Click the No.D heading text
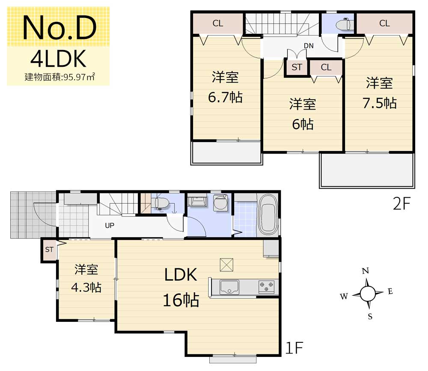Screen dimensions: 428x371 [59, 27]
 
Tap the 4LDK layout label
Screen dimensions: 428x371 [58, 59]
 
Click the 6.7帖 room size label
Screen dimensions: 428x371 [225, 97]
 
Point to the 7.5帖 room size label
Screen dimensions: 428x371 [380, 103]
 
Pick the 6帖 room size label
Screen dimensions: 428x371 [303, 124]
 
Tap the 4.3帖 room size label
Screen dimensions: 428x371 [86, 288]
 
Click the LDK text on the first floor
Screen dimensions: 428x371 [181, 275]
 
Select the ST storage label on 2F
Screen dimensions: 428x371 [297, 67]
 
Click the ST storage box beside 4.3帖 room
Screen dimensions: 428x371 [49, 250]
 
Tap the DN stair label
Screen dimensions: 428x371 [309, 46]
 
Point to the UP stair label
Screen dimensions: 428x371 [110, 226]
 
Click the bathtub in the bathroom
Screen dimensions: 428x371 [268, 214]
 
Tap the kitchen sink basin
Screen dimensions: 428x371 [229, 287]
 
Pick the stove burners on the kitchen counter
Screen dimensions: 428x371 [266, 287]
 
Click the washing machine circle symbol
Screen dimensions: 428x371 [220, 203]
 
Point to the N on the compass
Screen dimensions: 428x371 [366, 271]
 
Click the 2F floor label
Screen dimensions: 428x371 [401, 203]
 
